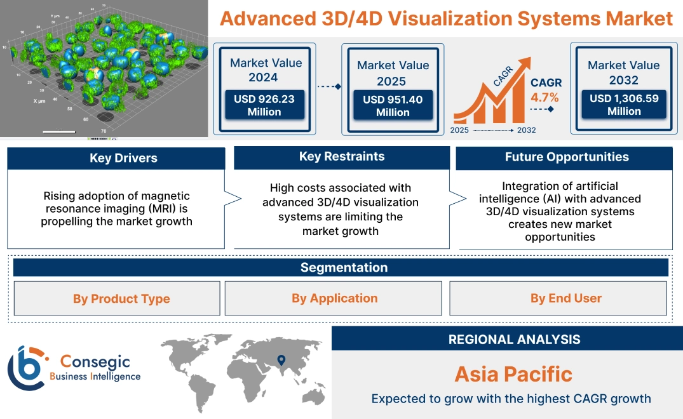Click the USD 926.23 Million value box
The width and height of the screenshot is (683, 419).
tap(264, 105)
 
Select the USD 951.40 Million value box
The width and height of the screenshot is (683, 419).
tap(393, 106)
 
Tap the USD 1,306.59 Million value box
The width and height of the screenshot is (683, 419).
tap(624, 105)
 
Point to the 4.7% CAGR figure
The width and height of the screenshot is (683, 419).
tap(544, 97)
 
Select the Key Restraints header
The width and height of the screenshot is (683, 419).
tap(342, 157)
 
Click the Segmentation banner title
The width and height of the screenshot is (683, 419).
tap(344, 267)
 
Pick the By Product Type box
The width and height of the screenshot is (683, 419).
tap(121, 298)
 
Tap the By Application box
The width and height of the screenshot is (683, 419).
tap(334, 298)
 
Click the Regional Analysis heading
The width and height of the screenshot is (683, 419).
tap(514, 340)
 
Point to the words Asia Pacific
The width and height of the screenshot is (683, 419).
tap(513, 374)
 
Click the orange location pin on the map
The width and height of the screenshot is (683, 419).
tap(280, 361)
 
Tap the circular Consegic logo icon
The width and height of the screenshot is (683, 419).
tap(26, 368)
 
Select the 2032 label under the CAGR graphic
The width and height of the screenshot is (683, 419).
tap(527, 130)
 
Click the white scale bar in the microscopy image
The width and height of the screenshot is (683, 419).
tap(59, 131)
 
